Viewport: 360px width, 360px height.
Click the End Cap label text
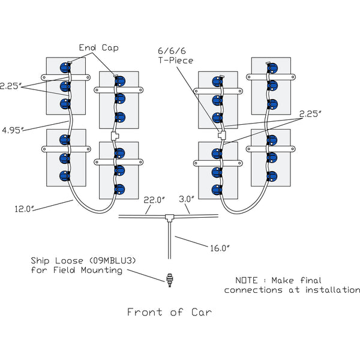pyautogui.click(x=99, y=48)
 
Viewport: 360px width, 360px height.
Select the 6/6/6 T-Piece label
pyautogui.click(x=176, y=56)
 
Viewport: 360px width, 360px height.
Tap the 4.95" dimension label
pyautogui.click(x=12, y=130)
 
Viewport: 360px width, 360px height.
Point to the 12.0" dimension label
pyautogui.click(x=24, y=209)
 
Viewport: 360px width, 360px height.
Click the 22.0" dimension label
pyautogui.click(x=154, y=200)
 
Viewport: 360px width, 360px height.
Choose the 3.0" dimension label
pyautogui.click(x=187, y=199)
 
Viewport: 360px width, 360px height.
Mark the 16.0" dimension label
pyautogui.click(x=220, y=248)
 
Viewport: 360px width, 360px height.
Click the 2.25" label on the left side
pyautogui.click(x=10, y=86)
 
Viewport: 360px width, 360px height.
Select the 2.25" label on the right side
pyautogui.click(x=310, y=114)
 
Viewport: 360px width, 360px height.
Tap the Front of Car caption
pyautogui.click(x=170, y=312)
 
